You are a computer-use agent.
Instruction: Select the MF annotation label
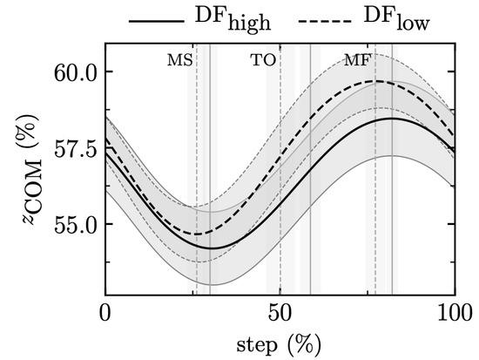356,60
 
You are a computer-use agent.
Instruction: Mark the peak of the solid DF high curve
392,119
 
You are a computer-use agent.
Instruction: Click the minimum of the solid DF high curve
210,248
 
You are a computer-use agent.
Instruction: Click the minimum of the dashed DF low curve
197,234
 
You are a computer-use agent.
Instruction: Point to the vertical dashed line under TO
280,174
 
